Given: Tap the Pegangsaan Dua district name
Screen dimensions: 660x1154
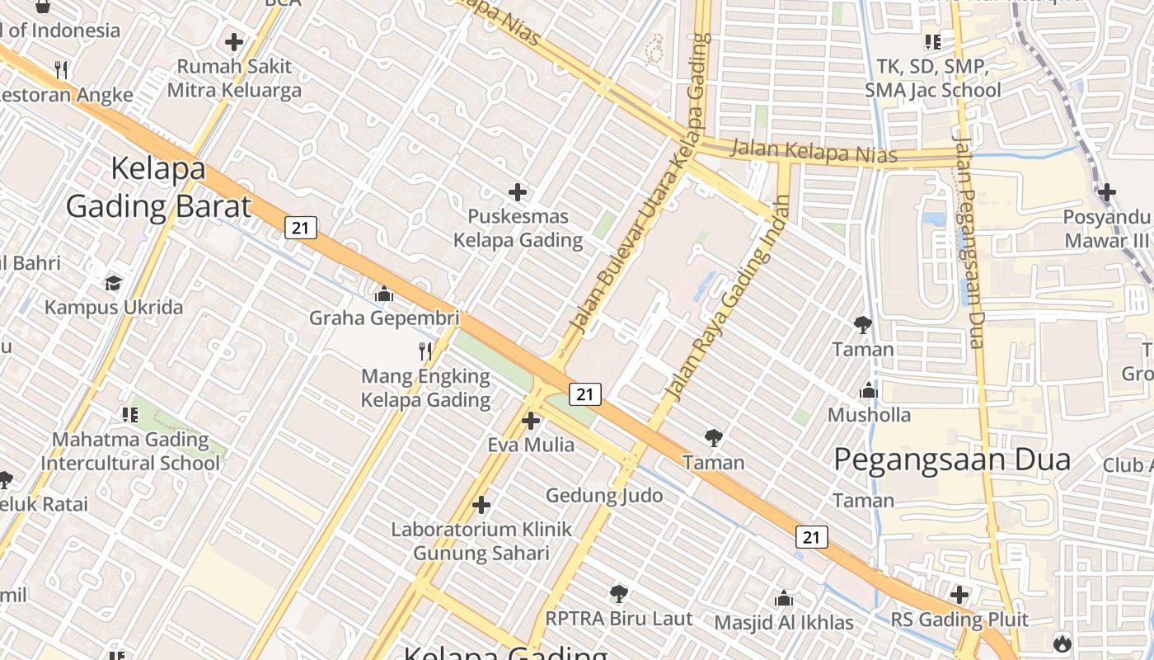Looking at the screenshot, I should (952, 460).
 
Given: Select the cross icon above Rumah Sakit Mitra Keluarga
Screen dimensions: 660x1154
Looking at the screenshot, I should (234, 41).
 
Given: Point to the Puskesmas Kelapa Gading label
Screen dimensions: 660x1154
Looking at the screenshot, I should (518, 229).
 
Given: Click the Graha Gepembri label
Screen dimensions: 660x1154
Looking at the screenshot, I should (384, 318).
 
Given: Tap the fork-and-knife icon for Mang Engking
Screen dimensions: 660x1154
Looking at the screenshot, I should (425, 351).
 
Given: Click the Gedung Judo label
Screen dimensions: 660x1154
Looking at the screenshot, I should (604, 495).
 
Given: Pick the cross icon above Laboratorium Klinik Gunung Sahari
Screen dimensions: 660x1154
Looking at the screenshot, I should (481, 504).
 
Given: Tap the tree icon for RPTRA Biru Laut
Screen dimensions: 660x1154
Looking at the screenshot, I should (618, 594).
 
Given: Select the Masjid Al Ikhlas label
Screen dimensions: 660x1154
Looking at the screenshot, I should (783, 622).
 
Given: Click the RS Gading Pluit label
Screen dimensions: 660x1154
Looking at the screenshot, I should (959, 620).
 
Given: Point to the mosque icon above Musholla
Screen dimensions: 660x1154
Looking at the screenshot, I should (869, 390).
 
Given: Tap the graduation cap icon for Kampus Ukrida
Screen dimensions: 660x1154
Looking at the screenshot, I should (113, 283).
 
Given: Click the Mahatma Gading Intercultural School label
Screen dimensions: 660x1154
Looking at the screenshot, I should (130, 451).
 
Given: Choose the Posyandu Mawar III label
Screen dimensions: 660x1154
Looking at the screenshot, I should (1106, 229).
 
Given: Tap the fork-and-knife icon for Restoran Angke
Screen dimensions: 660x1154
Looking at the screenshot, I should (60, 69).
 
